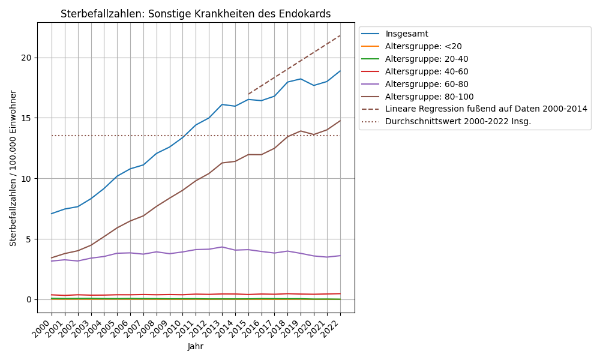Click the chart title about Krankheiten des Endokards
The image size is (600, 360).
point(196,14)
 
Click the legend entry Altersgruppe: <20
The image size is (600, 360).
point(424,46)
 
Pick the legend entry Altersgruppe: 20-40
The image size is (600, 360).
point(427,59)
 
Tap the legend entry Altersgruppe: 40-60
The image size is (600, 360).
point(427,71)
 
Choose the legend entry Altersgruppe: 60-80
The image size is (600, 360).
point(427,84)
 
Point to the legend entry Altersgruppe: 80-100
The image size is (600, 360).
point(429,96)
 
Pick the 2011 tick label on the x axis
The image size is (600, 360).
point(187,329)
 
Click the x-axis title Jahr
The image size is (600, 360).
point(196,347)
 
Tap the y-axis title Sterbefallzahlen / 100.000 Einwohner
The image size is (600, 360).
point(13,168)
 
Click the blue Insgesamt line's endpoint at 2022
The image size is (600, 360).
point(340,71)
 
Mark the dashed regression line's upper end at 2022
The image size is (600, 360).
point(340,35)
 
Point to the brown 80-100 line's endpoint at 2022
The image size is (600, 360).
point(340,121)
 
